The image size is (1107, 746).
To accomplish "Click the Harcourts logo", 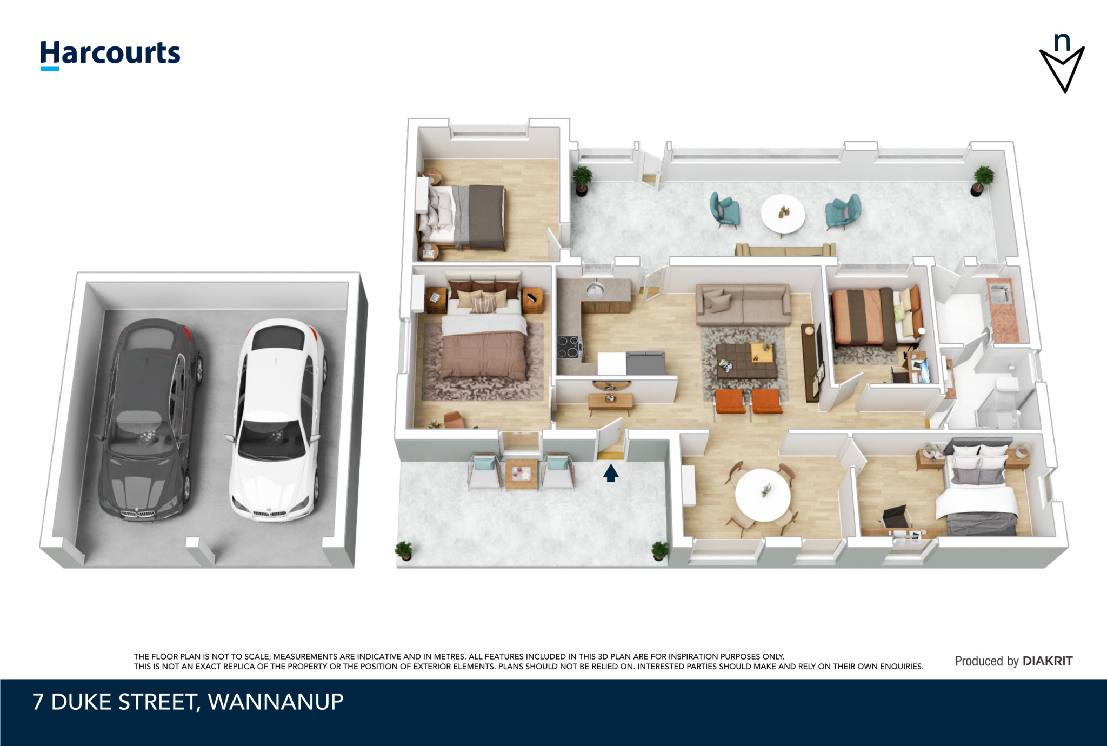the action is (110, 55).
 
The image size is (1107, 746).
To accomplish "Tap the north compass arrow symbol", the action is (1062, 64).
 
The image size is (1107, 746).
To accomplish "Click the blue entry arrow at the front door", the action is (611, 473).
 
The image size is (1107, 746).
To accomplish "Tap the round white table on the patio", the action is (783, 214).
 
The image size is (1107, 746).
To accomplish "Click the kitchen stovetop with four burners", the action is (570, 347).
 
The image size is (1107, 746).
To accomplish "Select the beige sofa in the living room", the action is (743, 304).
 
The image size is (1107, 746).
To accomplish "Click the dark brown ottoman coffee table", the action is (746, 361).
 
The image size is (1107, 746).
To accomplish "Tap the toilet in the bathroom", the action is (1006, 382).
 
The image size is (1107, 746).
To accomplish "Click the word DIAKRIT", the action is (1048, 661).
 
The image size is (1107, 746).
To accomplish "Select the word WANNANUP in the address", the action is (276, 702).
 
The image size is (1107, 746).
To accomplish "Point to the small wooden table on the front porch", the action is (522, 474).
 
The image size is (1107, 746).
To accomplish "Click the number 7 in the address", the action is (38, 702).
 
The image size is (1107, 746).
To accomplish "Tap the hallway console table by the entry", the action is (610, 402).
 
